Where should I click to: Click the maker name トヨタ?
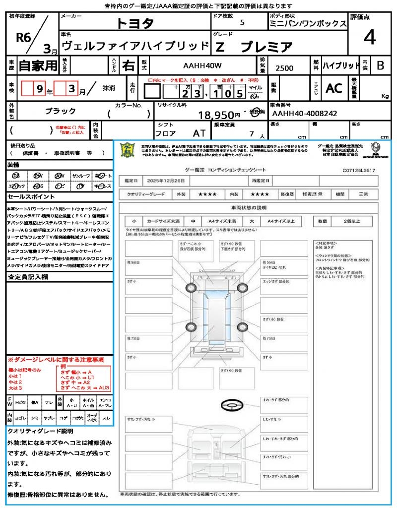135,23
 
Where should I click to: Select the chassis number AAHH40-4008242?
305,114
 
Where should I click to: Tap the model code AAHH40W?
202,65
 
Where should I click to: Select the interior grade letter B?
380,65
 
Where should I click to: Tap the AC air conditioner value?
334,88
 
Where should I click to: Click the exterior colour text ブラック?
61,111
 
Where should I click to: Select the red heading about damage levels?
56,359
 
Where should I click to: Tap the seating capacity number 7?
251,134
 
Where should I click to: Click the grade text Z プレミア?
254,47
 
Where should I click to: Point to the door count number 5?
242,23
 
